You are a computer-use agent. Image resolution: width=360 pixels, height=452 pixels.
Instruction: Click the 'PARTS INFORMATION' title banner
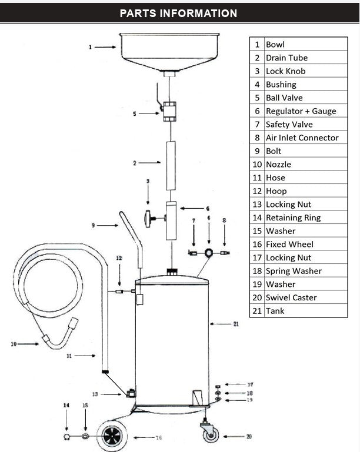coord(178,13)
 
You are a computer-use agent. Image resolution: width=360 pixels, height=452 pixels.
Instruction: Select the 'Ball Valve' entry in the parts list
coord(284,98)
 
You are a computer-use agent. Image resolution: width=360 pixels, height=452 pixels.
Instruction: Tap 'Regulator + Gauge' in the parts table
coord(301,111)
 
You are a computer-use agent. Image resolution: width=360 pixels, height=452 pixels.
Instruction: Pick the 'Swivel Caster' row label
coord(291,297)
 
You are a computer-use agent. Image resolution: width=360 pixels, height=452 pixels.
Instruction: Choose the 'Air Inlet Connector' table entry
coord(302,138)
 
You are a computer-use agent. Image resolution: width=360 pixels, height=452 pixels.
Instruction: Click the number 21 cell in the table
coord(256,311)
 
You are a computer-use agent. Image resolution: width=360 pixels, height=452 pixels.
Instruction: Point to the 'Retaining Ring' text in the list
coord(293,217)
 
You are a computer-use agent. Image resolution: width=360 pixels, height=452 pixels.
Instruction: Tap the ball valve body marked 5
coord(169,111)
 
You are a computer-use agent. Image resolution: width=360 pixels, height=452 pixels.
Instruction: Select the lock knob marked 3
coord(149,219)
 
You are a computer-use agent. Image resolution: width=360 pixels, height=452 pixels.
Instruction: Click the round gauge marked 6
coord(209,252)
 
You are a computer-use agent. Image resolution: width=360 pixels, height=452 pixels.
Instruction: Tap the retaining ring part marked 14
coord(68,437)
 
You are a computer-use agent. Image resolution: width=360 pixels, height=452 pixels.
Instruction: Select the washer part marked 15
coord(86,437)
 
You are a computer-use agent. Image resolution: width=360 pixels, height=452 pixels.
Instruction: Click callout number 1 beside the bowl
coord(90,47)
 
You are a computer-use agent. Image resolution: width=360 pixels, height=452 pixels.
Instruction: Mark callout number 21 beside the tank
coord(236,324)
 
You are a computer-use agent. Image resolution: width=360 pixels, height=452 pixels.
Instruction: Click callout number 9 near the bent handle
coord(92,225)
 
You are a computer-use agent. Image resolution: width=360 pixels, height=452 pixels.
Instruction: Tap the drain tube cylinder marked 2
coord(170,165)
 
